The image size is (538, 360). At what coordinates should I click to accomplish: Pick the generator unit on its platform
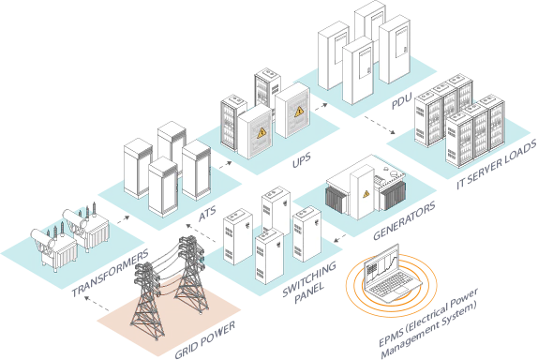(x=363, y=192)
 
